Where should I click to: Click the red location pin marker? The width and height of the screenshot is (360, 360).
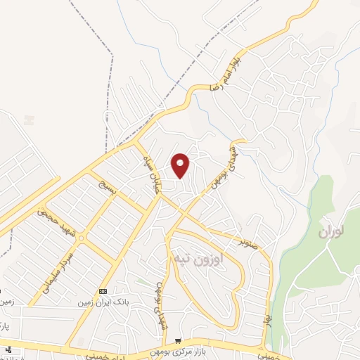[x=181, y=165]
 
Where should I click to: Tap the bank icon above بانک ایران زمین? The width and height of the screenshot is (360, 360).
[x=103, y=291]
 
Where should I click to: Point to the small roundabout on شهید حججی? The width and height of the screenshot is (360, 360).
[x=81, y=238]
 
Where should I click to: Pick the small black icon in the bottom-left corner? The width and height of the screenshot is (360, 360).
[x=8, y=349]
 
